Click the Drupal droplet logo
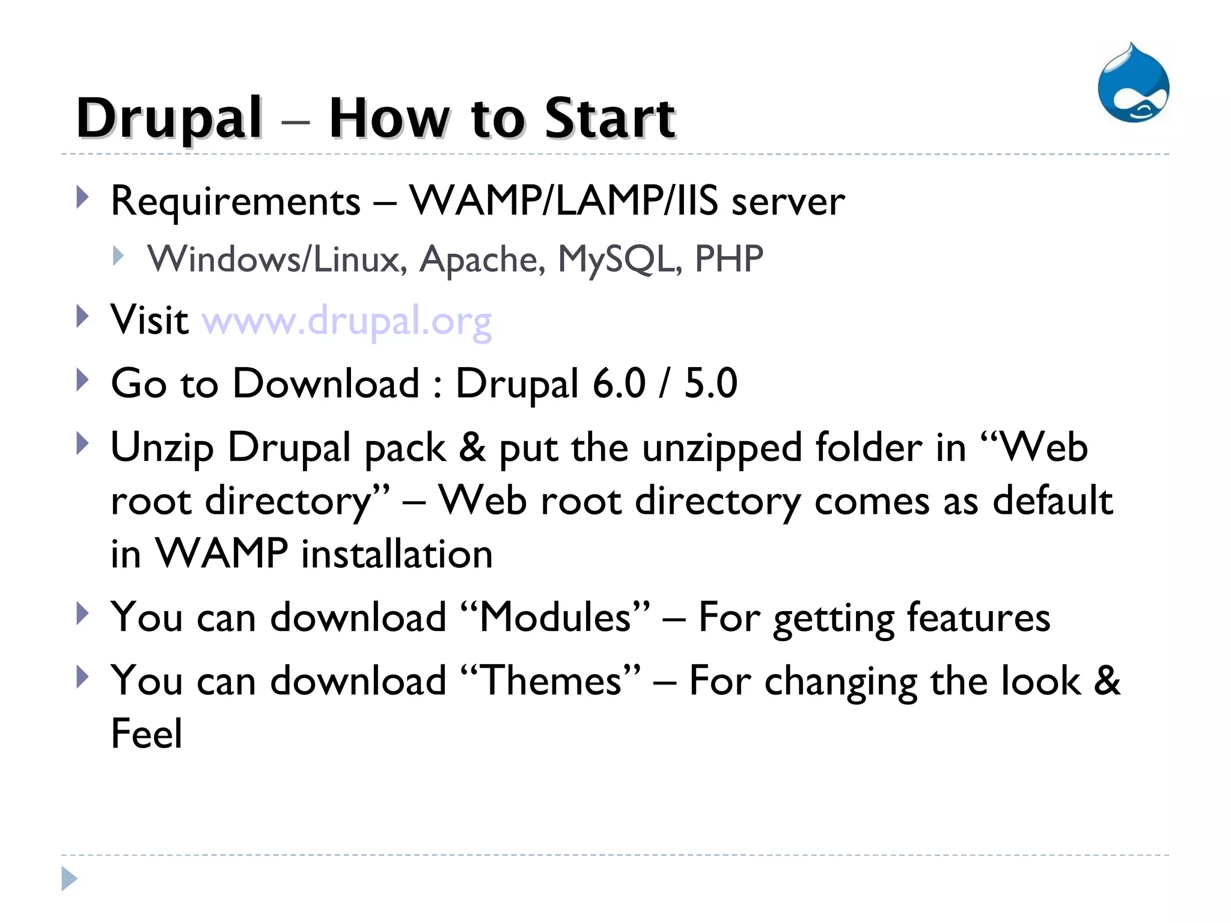tap(1133, 84)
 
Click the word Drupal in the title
tap(170, 118)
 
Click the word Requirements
tap(236, 201)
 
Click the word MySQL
tap(619, 260)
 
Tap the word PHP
tap(729, 260)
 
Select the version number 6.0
tap(619, 383)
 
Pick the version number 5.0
tap(710, 383)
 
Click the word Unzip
tap(162, 449)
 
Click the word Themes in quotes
tap(552, 681)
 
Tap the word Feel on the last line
tap(147, 734)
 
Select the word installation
tap(397, 554)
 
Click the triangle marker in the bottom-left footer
tap(69, 879)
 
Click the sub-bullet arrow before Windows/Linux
tap(118, 257)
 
